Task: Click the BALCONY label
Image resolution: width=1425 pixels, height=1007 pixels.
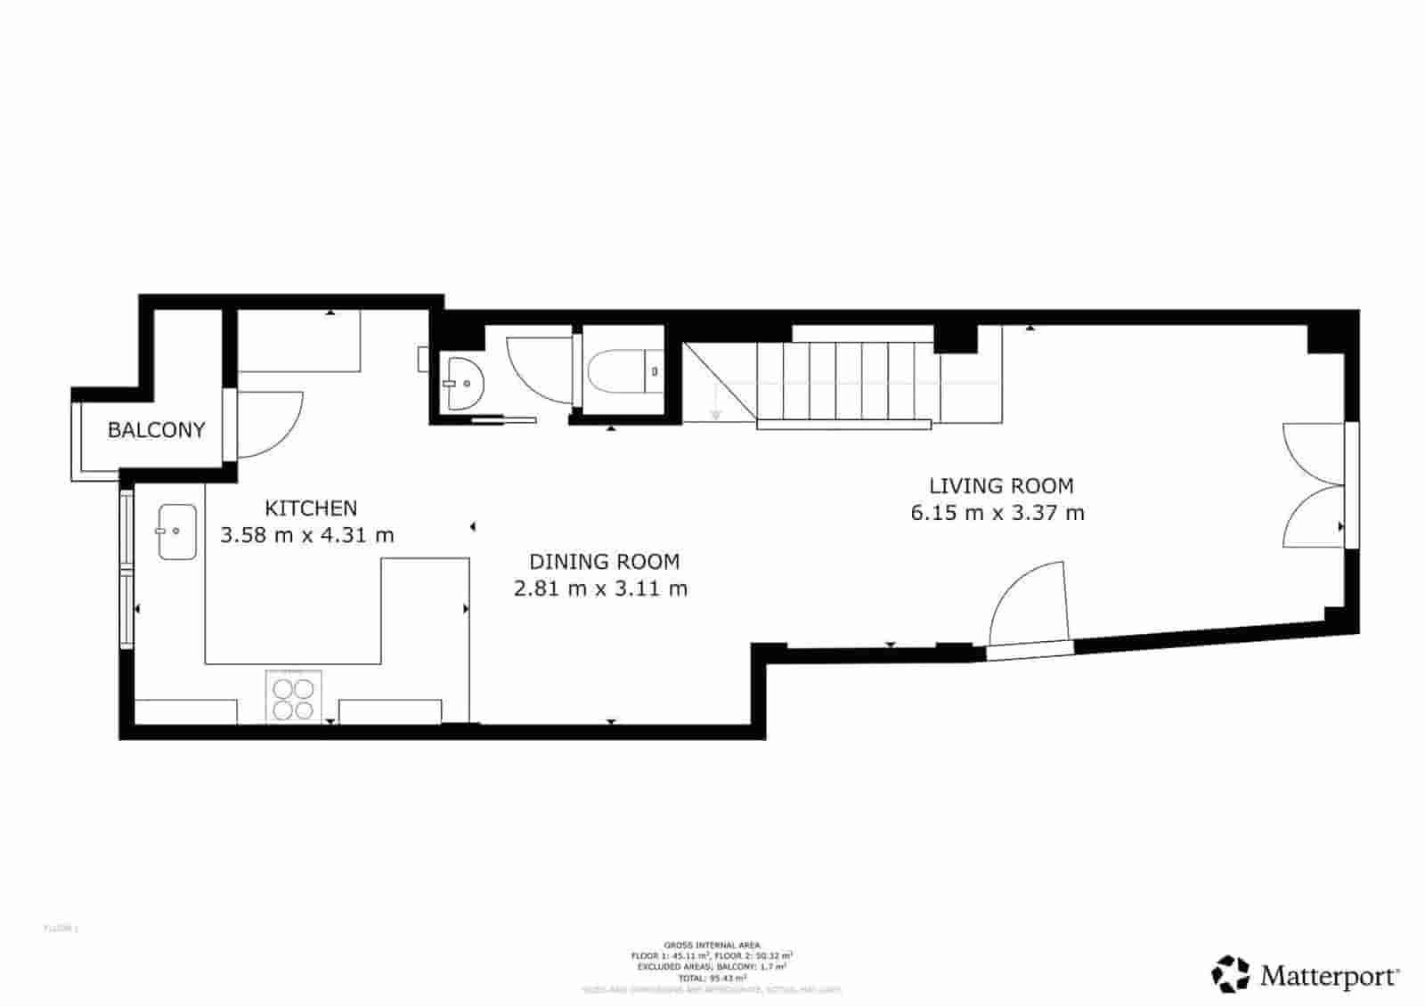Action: [156, 430]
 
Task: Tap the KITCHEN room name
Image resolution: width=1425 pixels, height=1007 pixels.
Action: [311, 508]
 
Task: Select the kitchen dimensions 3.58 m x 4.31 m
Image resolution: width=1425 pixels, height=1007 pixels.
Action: [306, 535]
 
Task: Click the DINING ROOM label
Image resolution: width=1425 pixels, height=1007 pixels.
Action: [604, 562]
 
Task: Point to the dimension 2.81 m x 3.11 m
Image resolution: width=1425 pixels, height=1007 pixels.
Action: [600, 589]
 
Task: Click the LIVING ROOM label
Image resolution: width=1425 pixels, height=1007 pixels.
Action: [1001, 486]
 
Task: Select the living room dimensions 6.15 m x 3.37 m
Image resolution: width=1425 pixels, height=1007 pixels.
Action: [997, 513]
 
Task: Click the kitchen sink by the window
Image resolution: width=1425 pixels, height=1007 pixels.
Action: [177, 532]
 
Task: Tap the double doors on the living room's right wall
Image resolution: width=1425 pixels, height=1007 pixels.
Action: [1313, 485]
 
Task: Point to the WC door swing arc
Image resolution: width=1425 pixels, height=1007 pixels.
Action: [534, 367]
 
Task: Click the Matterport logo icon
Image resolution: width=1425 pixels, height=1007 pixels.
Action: [1231, 974]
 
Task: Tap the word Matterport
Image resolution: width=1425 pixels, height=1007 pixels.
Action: [1329, 976]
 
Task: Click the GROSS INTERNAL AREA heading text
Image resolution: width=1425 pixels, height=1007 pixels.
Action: [712, 945]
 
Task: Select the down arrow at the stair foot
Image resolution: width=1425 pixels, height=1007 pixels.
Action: [714, 415]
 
